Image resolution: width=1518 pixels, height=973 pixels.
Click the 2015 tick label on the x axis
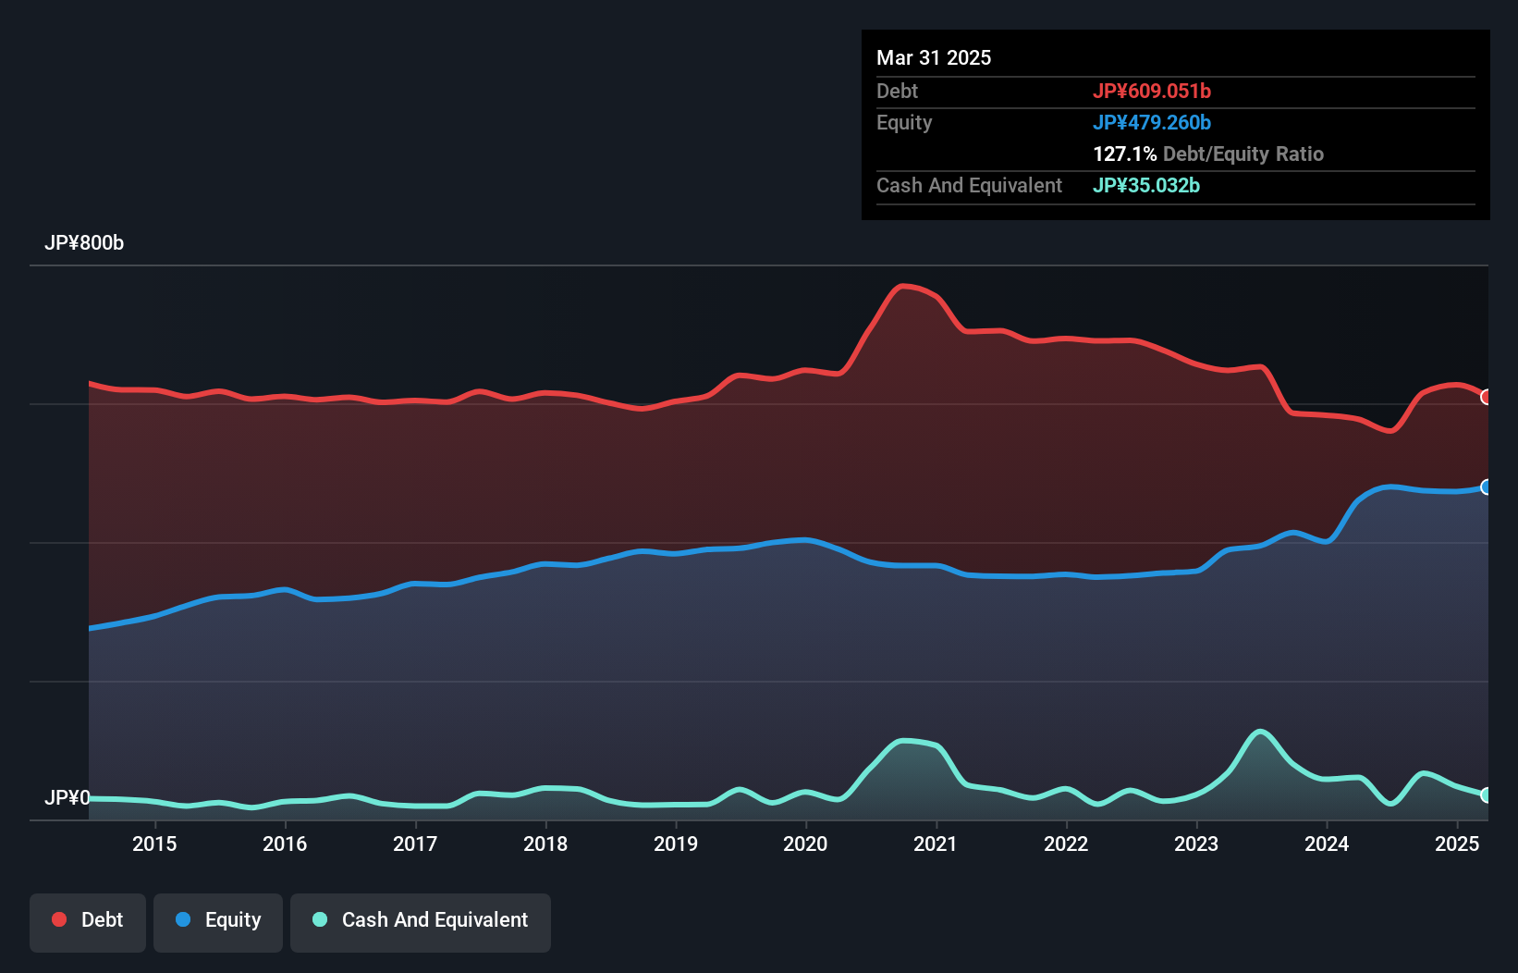pos(154,844)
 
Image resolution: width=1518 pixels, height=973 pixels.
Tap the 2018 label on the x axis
pos(545,844)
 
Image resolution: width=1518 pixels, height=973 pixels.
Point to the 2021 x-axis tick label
pos(936,844)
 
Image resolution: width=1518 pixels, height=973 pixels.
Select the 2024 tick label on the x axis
pos(1327,844)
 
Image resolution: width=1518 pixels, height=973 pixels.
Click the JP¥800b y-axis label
pos(84,243)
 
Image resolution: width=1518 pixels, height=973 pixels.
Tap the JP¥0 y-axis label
pos(67,797)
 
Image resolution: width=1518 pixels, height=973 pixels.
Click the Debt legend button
pos(88,920)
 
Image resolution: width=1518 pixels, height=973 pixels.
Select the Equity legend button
pos(218,920)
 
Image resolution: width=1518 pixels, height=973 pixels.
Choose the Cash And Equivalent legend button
pos(421,920)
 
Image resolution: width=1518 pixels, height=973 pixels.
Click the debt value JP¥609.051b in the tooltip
pos(1151,91)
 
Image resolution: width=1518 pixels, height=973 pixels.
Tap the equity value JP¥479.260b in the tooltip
pos(1151,122)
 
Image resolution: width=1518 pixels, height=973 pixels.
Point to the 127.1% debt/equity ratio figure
pos(1124,154)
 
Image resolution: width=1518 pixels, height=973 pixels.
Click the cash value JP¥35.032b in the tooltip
pos(1145,185)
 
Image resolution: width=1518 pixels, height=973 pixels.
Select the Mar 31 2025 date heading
pos(934,57)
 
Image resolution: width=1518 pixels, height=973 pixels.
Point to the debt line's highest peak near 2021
pos(903,286)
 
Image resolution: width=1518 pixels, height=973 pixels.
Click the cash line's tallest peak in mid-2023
pos(1259,732)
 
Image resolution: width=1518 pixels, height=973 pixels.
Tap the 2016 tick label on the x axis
pos(285,844)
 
